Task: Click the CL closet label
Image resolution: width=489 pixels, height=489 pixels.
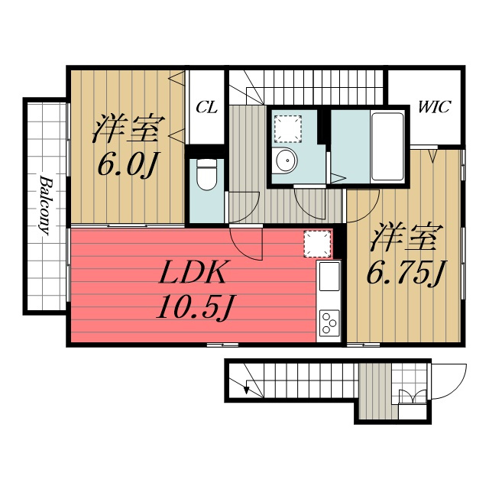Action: [206, 108]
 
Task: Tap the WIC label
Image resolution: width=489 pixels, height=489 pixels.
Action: [435, 107]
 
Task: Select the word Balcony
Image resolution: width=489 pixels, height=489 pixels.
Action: [45, 206]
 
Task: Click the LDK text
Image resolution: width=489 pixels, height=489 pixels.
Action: [193, 272]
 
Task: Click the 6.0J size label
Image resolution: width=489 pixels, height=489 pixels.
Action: [128, 164]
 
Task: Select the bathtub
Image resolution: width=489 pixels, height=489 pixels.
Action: [387, 147]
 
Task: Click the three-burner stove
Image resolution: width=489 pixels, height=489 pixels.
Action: [329, 323]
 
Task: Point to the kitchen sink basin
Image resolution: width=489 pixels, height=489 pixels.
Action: [329, 277]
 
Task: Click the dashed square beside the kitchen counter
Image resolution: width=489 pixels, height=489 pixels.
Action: [318, 244]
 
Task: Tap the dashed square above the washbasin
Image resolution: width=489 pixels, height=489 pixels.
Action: [288, 128]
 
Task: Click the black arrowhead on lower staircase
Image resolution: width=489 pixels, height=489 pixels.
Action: [247, 390]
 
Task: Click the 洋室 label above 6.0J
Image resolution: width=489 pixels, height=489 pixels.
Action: [128, 129]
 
